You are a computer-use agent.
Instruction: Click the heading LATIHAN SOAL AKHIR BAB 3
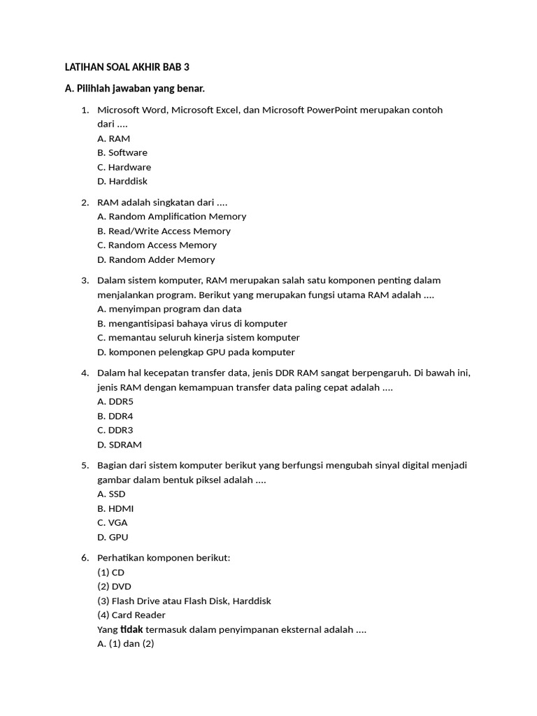tap(127, 67)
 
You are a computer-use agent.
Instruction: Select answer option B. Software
tap(122, 152)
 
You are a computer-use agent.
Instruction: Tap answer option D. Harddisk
tap(122, 181)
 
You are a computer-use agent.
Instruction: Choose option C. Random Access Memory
tap(157, 245)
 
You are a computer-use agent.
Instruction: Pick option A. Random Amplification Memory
tap(171, 216)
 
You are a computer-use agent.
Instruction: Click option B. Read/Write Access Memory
tap(164, 231)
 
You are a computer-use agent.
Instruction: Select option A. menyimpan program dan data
tap(169, 308)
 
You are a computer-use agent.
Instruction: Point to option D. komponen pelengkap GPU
tap(196, 352)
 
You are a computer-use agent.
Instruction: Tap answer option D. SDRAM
tap(120, 445)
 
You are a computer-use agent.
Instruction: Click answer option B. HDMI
tap(115, 508)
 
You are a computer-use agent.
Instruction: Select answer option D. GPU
tap(113, 537)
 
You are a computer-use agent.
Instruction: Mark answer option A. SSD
tap(112, 494)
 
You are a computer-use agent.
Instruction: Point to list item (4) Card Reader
tap(131, 615)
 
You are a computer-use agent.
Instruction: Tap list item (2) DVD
tap(114, 586)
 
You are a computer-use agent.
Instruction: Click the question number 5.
tap(85, 465)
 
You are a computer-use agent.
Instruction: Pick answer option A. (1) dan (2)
tap(125, 643)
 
